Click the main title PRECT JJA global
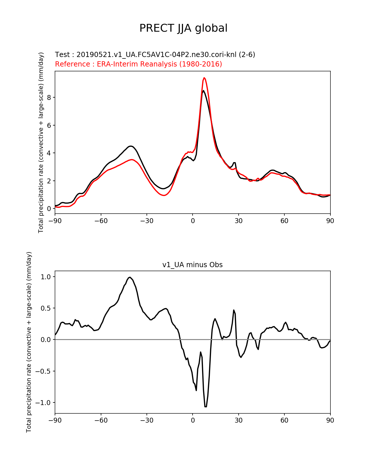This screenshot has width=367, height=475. [183, 28]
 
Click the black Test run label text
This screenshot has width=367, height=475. [155, 55]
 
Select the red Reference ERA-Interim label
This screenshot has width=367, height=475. [138, 64]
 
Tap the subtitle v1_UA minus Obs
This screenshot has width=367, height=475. [192, 265]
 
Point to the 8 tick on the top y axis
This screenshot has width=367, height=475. [49, 97]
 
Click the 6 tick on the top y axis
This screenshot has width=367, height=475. [49, 125]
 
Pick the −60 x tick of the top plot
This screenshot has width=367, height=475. [101, 221]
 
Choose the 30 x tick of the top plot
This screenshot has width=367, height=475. [238, 221]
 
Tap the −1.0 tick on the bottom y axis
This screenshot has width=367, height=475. [43, 403]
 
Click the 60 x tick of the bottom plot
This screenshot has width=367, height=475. [284, 421]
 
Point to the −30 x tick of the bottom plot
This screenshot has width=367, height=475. [147, 421]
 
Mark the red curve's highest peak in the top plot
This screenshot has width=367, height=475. [204, 78]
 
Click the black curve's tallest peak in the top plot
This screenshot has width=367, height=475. [204, 91]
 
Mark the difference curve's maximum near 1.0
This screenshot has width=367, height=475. [130, 277]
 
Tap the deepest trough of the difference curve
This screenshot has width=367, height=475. [206, 406]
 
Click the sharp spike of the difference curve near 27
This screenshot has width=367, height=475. [234, 310]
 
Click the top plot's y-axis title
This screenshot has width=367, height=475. [41, 142]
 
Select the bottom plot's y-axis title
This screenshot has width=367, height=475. [29, 342]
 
